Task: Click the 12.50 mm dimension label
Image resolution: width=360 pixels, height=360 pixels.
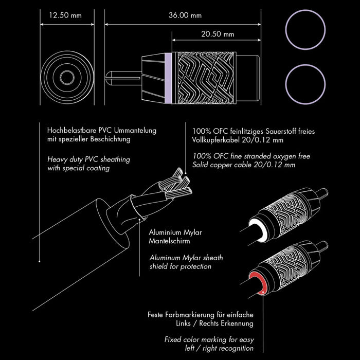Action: (x=65, y=15)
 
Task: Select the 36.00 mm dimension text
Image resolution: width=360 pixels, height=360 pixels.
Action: (x=185, y=15)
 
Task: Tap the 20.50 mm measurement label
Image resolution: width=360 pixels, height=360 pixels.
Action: (x=218, y=34)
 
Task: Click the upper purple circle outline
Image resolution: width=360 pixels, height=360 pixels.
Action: (x=305, y=30)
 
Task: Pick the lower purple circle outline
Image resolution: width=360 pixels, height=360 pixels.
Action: (x=305, y=84)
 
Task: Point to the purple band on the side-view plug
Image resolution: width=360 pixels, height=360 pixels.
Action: (x=168, y=78)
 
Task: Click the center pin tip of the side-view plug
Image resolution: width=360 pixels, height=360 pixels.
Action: (x=107, y=78)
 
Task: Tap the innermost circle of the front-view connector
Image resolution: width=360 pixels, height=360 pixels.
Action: (x=67, y=78)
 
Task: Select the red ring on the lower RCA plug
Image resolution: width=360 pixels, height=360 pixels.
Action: (x=258, y=283)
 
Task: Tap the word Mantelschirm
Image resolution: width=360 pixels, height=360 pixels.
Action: (x=169, y=241)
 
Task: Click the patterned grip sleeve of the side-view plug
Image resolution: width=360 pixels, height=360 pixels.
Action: (x=204, y=78)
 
